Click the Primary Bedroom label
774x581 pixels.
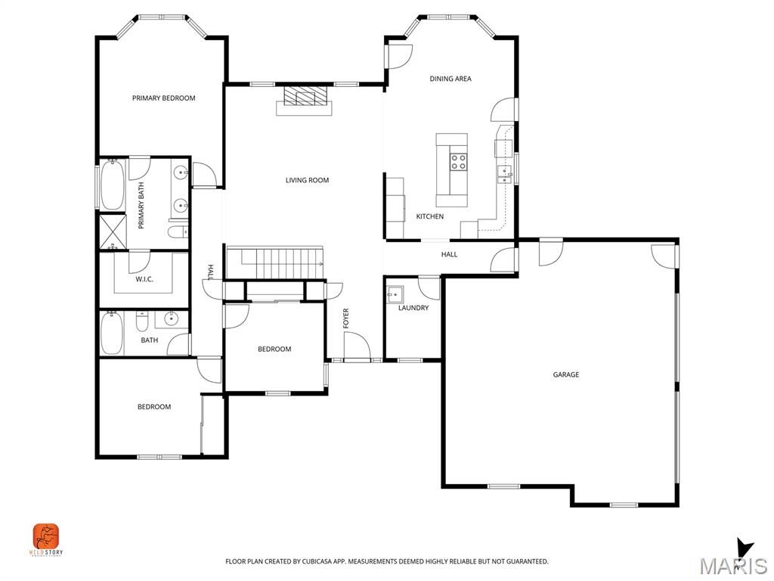point(163,98)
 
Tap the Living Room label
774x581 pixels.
point(307,180)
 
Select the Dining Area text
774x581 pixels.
point(450,79)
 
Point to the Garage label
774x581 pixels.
point(565,374)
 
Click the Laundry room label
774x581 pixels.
point(413,308)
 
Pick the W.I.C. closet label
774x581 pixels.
point(144,279)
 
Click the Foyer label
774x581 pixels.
point(346,318)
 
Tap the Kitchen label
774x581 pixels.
point(430,216)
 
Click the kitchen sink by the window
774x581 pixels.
point(504,174)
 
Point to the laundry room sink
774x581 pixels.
point(395,294)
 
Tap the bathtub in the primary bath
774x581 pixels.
point(113,185)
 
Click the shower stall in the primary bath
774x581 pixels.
point(113,231)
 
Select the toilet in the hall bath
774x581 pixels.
point(142,322)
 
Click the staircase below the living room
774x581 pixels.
point(274,263)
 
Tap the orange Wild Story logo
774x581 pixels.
point(46,536)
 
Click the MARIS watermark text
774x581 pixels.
point(733,566)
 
